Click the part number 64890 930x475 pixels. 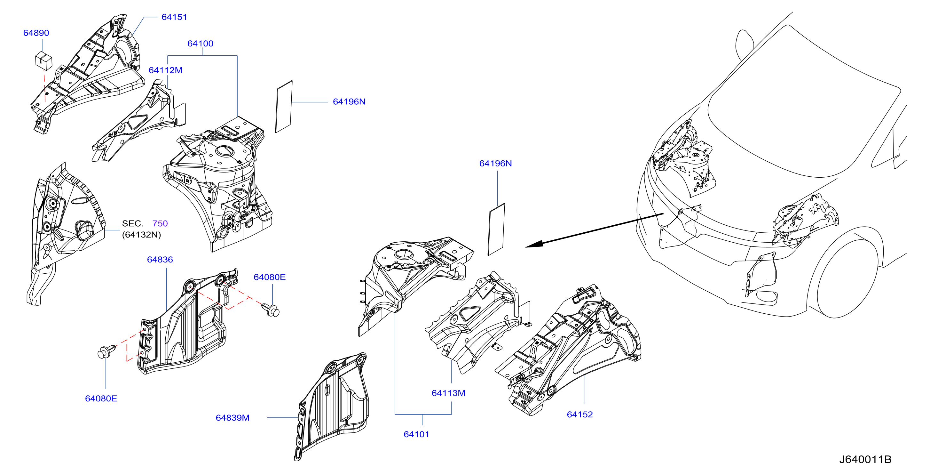pyautogui.click(x=36, y=33)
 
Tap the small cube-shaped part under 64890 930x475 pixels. pyautogui.click(x=44, y=60)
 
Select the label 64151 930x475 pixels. pyautogui.click(x=174, y=17)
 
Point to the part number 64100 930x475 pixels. pyautogui.click(x=201, y=43)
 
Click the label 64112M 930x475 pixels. pyautogui.click(x=165, y=70)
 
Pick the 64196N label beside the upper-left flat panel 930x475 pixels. pyautogui.click(x=349, y=101)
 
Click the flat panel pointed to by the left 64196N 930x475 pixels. pyautogui.click(x=284, y=107)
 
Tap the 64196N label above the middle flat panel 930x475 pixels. pyautogui.click(x=495, y=163)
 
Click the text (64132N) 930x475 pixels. pyautogui.click(x=142, y=235)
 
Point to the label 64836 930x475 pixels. pyautogui.click(x=160, y=259)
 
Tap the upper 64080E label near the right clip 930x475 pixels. pyautogui.click(x=270, y=277)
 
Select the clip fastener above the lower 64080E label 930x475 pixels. pyautogui.click(x=106, y=351)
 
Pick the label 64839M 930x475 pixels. pyautogui.click(x=232, y=418)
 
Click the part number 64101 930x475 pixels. pyautogui.click(x=416, y=434)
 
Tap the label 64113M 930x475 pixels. pyautogui.click(x=448, y=393)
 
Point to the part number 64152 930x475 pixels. pyautogui.click(x=580, y=414)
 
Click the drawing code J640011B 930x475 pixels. pyautogui.click(x=865, y=459)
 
